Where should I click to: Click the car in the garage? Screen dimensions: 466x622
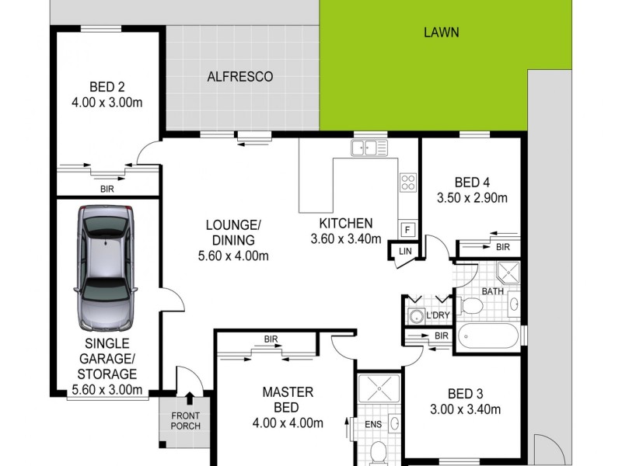[107, 268]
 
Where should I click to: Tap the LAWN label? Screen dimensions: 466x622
[441, 33]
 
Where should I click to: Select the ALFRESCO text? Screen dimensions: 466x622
[239, 77]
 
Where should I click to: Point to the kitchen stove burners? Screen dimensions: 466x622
[407, 182]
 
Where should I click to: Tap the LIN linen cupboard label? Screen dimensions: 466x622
[404, 252]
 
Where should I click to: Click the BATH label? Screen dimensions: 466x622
[493, 291]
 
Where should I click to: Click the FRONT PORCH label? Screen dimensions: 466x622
[185, 421]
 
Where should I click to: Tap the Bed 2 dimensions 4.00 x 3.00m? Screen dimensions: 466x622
[108, 102]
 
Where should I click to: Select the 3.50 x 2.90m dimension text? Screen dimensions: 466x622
[473, 197]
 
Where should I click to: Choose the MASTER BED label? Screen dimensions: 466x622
[287, 400]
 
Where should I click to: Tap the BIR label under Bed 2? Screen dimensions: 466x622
[107, 188]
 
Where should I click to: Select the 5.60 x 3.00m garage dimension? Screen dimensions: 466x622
[107, 390]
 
